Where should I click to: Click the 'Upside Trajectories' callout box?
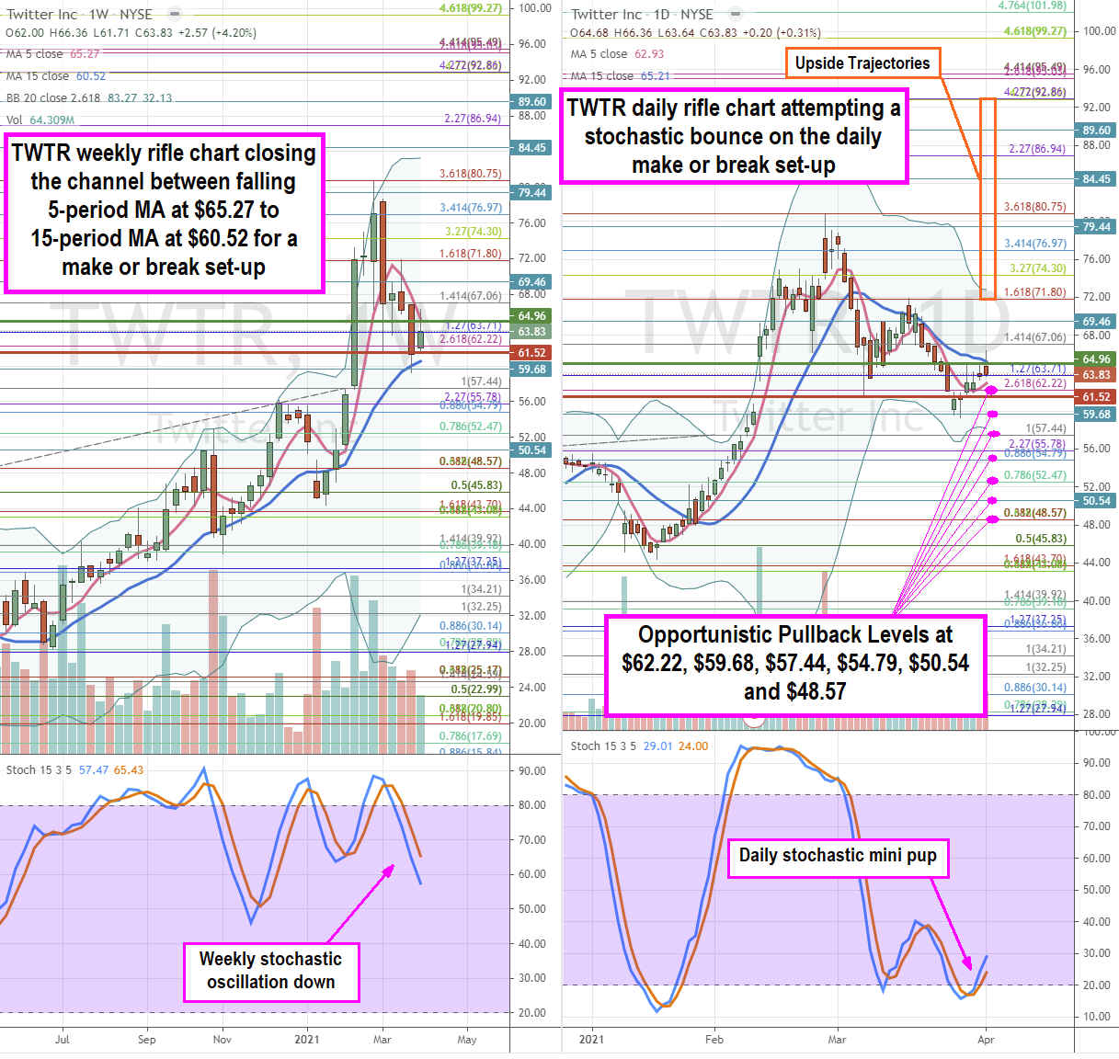point(862,63)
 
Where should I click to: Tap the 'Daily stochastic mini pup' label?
point(838,856)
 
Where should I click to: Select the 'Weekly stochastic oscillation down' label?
point(270,971)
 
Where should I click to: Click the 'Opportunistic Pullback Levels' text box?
point(795,663)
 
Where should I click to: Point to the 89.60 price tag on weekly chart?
point(531,102)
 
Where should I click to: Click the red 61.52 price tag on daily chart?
point(1096,397)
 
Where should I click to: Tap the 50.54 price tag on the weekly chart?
point(531,450)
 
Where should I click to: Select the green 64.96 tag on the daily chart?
point(1096,359)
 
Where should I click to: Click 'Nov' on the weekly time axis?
point(223,1040)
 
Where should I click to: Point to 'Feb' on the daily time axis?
point(714,1040)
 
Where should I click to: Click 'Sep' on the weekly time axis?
point(146,1040)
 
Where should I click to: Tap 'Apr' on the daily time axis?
point(986,1040)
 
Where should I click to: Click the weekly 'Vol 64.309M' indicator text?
point(40,120)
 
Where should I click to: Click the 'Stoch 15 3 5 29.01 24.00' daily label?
point(639,746)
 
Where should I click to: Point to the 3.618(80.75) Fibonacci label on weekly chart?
point(471,174)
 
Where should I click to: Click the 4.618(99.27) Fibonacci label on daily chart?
point(1034,31)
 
